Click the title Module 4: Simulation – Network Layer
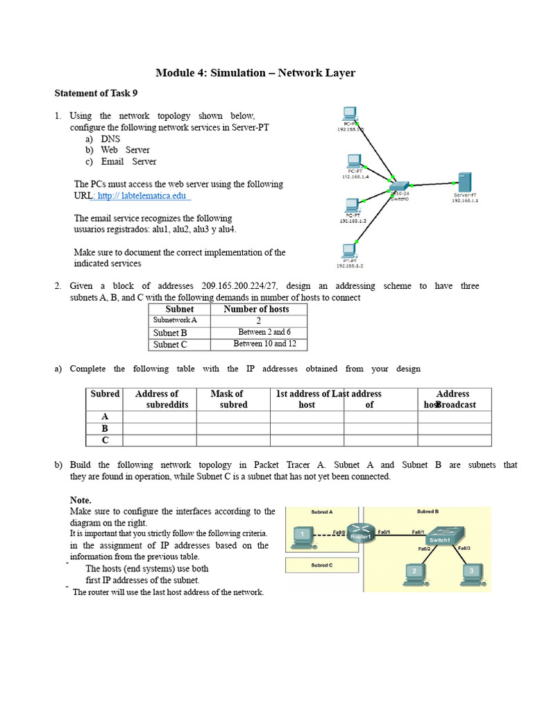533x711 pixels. click(x=255, y=73)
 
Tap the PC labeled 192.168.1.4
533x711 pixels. click(x=355, y=160)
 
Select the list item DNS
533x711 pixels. click(x=110, y=139)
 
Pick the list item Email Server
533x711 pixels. click(x=128, y=162)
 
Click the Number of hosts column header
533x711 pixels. click(x=256, y=309)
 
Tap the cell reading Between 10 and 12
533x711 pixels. click(x=264, y=344)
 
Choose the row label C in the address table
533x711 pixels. click(x=105, y=440)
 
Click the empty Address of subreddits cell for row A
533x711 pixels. click(x=160, y=417)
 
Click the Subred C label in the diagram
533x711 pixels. click(x=321, y=564)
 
